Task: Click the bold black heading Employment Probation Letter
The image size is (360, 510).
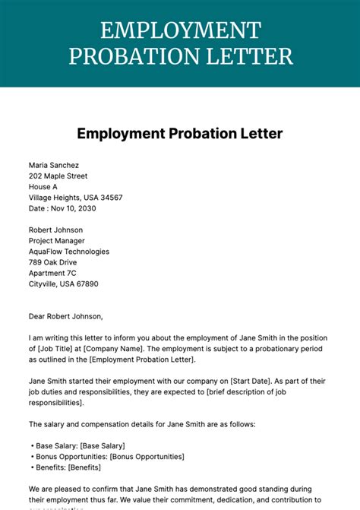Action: click(x=180, y=134)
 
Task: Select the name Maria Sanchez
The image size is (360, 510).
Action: click(x=54, y=165)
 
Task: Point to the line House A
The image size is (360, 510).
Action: click(x=43, y=186)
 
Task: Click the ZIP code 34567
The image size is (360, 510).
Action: click(x=109, y=198)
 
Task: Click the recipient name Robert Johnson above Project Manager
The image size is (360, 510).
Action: click(x=56, y=230)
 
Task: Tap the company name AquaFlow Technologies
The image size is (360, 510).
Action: click(x=69, y=252)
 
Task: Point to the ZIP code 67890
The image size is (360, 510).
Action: click(x=85, y=284)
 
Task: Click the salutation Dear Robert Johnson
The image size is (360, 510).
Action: click(x=65, y=316)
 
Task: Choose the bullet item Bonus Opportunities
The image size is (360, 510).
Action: click(x=108, y=456)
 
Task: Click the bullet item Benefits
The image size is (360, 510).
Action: click(x=71, y=467)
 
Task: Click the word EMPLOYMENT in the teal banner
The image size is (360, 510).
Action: click(x=180, y=31)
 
